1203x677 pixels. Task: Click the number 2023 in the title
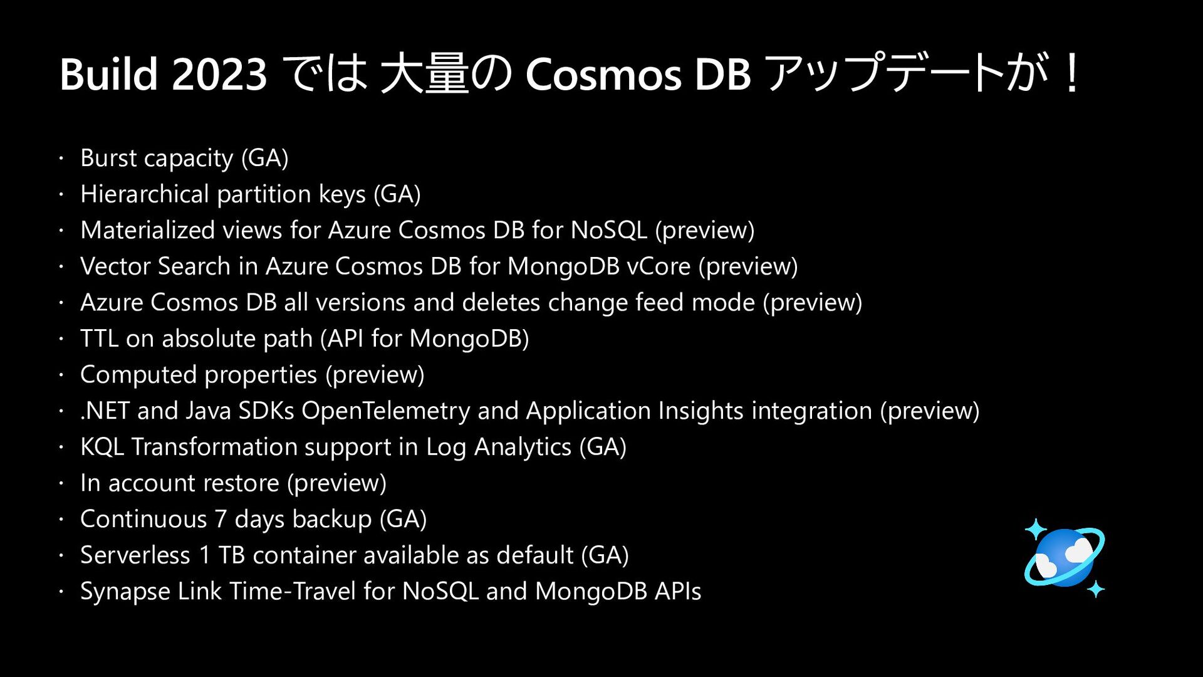pyautogui.click(x=219, y=75)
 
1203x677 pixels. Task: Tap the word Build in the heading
pyautogui.click(x=108, y=75)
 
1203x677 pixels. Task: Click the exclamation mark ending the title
pyautogui.click(x=1072, y=73)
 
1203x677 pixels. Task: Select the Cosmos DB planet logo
pyautogui.click(x=1065, y=557)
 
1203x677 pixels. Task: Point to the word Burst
pyautogui.click(x=108, y=158)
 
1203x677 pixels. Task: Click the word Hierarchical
pyautogui.click(x=144, y=194)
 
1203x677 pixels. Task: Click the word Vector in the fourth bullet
pyautogui.click(x=115, y=266)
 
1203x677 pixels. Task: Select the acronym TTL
pyautogui.click(x=99, y=338)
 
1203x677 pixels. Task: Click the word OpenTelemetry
pyautogui.click(x=385, y=411)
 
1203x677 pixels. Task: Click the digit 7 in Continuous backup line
pyautogui.click(x=221, y=520)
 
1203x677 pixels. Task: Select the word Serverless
pyautogui.click(x=135, y=555)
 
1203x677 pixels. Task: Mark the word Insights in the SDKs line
pyautogui.click(x=701, y=411)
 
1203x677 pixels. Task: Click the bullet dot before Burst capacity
pyautogui.click(x=61, y=159)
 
